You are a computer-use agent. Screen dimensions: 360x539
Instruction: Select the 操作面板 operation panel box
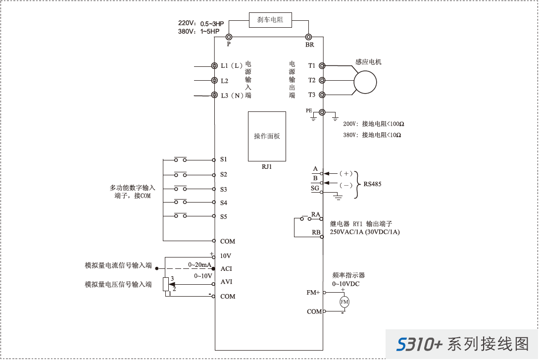[267, 136]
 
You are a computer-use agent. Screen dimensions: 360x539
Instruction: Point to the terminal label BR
[309, 45]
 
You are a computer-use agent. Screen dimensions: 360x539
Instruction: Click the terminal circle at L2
[214, 80]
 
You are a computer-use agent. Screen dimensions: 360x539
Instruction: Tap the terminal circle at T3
[322, 95]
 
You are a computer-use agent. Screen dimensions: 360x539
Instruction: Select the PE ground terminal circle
[322, 112]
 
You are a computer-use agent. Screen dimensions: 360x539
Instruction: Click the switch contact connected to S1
[181, 159]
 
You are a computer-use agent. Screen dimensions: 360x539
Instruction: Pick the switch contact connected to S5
[181, 216]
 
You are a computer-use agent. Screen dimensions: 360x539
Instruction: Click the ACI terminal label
[226, 269]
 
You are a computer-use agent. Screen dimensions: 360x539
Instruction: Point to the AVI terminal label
[226, 282]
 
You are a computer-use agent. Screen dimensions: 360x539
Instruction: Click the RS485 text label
[372, 184]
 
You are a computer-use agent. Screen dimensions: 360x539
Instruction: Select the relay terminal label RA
[315, 214]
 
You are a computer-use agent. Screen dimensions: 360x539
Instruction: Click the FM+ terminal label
[313, 293]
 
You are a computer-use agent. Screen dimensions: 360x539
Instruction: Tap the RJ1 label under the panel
[267, 167]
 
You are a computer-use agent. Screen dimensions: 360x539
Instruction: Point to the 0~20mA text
[199, 265]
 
